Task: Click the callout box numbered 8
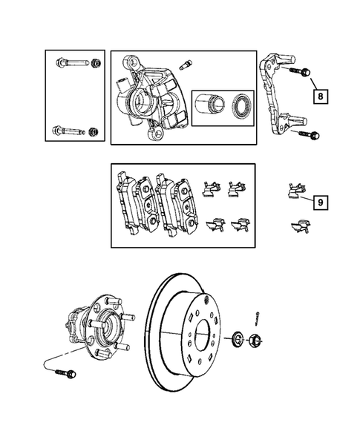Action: tap(320, 96)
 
